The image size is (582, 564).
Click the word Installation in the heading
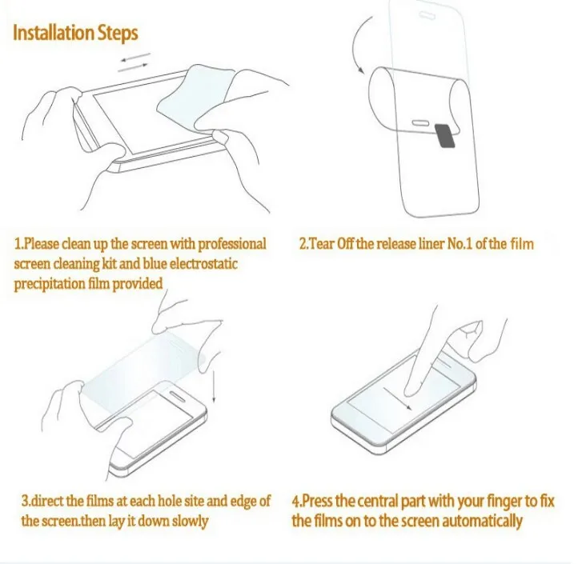coord(54,32)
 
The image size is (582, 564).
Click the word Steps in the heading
coord(118,34)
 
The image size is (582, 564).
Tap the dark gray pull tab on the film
coord(444,136)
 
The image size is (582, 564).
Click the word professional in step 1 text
coord(232,245)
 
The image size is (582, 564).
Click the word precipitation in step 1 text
coord(50,285)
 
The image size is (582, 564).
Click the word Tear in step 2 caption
coord(322,244)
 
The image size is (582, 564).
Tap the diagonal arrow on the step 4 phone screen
coord(397,398)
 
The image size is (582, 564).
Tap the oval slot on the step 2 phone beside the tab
coord(421,122)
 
